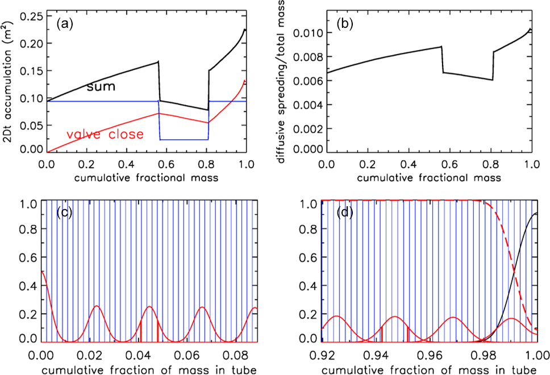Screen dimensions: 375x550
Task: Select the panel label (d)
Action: (345, 215)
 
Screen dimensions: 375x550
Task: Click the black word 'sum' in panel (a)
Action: (101, 86)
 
